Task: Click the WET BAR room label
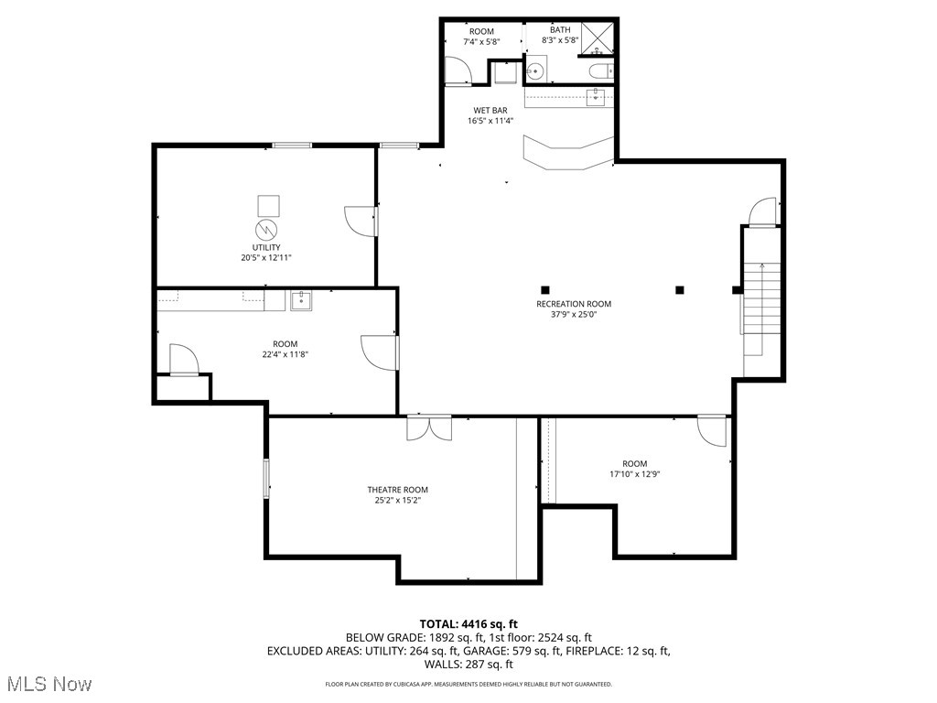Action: click(490, 110)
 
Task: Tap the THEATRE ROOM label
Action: click(397, 490)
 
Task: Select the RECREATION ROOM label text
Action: click(574, 304)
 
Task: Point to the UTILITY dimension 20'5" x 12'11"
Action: click(260, 258)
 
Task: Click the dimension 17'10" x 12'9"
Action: click(634, 474)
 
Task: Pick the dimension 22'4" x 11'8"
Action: click(285, 354)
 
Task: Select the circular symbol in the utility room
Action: click(266, 228)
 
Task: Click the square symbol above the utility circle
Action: click(267, 204)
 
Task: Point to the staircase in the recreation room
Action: click(761, 307)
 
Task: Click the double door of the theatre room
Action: click(429, 427)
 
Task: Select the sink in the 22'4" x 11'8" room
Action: click(301, 300)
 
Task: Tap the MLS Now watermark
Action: click(48, 684)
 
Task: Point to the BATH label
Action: click(560, 30)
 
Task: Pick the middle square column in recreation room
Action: click(679, 290)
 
